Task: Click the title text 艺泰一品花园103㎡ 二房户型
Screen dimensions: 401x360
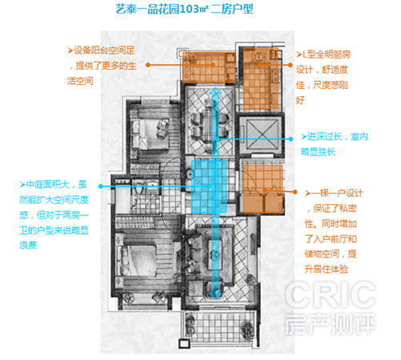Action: (x=184, y=9)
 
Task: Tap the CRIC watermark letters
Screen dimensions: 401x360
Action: (x=331, y=294)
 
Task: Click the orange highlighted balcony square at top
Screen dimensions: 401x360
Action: (x=209, y=67)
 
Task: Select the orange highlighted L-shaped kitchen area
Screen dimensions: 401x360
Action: (x=261, y=78)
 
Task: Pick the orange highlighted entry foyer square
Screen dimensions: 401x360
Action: (x=263, y=189)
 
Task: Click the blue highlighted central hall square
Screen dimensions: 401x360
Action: (x=209, y=186)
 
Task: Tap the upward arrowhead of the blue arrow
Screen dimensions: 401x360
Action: (x=215, y=91)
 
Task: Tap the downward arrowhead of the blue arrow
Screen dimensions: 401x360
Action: (x=215, y=294)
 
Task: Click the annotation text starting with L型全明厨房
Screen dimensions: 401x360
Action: (x=323, y=78)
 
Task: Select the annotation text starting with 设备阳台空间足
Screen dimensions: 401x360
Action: (x=102, y=66)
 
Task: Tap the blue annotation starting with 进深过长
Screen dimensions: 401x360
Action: (x=335, y=144)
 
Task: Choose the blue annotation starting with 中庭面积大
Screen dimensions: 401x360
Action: (x=54, y=214)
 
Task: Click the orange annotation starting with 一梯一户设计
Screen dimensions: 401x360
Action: (x=334, y=231)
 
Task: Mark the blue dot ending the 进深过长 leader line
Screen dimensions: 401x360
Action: (x=291, y=139)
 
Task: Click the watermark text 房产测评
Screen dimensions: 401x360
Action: (x=331, y=324)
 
